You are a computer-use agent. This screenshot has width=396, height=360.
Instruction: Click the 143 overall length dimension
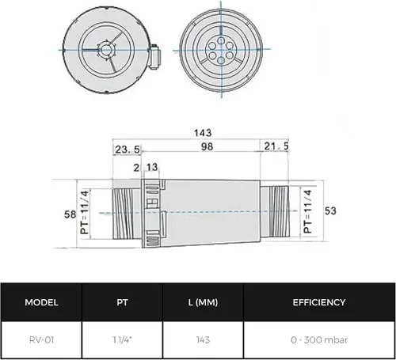203,133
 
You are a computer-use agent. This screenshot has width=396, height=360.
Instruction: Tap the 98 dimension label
207,146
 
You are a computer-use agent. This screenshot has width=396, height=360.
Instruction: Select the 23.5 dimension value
128,150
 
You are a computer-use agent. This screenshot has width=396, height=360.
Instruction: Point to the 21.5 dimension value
276,146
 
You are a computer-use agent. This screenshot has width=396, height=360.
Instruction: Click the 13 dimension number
152,167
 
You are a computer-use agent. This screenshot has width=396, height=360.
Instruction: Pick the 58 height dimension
70,214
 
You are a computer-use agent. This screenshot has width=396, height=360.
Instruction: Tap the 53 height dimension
330,211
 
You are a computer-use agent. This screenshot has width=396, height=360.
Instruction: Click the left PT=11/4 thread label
85,212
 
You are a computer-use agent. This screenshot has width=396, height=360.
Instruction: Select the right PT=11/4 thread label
308,211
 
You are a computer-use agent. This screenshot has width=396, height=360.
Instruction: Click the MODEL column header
41,302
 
